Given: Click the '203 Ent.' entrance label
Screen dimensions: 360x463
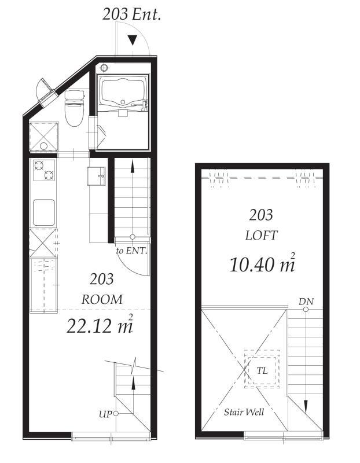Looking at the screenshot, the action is click(131, 14).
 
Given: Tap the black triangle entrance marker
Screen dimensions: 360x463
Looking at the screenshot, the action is click(133, 40).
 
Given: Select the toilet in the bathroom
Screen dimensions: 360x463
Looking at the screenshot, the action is click(74, 108).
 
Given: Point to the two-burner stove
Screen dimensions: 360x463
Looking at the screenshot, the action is click(44, 170).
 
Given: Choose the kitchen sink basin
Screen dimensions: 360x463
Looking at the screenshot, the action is click(44, 212).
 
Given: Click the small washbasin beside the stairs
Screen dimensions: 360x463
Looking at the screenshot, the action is click(97, 176).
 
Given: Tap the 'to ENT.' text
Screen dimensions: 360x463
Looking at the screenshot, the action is click(131, 251).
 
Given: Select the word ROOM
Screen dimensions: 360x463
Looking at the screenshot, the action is click(102, 299).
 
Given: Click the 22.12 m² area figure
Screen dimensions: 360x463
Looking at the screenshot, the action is click(100, 325).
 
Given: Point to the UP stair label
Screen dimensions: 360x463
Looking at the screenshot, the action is click(105, 414).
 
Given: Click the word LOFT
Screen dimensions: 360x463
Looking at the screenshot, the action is click(262, 236).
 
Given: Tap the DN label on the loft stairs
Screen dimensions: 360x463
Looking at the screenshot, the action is click(306, 302).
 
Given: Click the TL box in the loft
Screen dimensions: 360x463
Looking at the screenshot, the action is click(262, 369).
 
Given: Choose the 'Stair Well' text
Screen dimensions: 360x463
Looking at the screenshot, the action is click(244, 412).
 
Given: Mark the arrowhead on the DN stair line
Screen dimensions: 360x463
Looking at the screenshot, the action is click(306, 407).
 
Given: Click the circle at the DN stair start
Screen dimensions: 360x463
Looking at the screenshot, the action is click(306, 310).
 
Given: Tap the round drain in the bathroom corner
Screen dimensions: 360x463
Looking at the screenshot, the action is click(104, 68).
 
